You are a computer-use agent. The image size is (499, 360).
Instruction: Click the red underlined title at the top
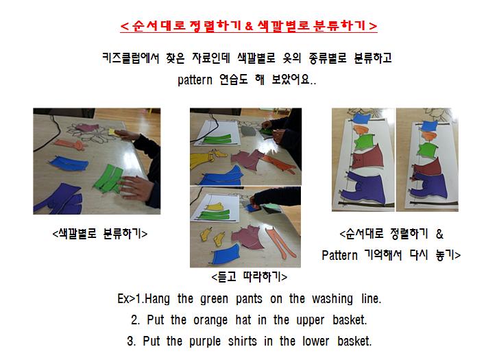[x=249, y=26]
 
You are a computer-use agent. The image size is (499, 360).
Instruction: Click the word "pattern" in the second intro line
[x=195, y=80]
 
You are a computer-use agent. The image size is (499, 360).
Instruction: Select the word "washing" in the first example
[x=332, y=299]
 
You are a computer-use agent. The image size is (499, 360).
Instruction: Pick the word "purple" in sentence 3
[x=205, y=341]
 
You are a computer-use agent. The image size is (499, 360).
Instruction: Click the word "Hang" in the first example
[x=157, y=299]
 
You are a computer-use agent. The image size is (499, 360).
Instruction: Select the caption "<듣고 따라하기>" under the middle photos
[x=249, y=277]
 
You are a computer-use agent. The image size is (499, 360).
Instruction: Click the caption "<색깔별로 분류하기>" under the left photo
[x=100, y=234]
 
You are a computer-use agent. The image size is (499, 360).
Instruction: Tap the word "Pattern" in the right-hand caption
[x=339, y=255]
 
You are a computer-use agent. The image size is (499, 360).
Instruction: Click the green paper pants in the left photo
[x=109, y=179]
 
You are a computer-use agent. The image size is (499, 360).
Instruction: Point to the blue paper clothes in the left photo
[x=69, y=163]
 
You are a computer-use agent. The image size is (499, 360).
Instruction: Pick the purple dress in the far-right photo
[x=430, y=185]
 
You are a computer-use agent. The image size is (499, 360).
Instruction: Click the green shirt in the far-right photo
[x=427, y=149]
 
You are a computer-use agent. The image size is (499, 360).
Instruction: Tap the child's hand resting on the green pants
[x=134, y=188]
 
